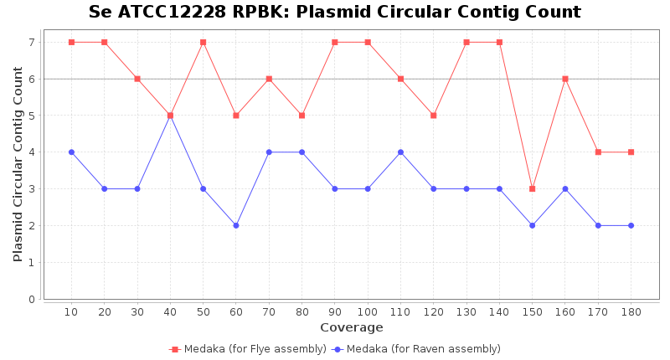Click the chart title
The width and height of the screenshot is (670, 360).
pyautogui.click(x=335, y=13)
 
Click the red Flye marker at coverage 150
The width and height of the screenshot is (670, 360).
pyautogui.click(x=532, y=188)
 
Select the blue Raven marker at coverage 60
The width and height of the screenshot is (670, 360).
pyautogui.click(x=236, y=225)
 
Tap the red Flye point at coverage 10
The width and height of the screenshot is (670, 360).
pyautogui.click(x=71, y=42)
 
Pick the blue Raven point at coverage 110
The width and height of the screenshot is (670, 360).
pyautogui.click(x=400, y=152)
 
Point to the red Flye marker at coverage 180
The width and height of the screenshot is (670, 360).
pyautogui.click(x=631, y=152)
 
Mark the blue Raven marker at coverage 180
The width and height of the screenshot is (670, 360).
pyautogui.click(x=631, y=225)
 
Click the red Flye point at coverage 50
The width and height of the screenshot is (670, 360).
pyautogui.click(x=203, y=42)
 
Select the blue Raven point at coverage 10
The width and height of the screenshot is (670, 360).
pyautogui.click(x=71, y=152)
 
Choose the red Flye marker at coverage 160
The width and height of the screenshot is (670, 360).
pyautogui.click(x=565, y=79)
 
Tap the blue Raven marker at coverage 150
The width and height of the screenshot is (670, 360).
pyautogui.click(x=532, y=225)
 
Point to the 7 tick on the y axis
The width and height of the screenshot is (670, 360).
pyautogui.click(x=32, y=42)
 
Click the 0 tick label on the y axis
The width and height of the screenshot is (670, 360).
pyautogui.click(x=32, y=299)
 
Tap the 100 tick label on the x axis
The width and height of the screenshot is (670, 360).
pyautogui.click(x=368, y=312)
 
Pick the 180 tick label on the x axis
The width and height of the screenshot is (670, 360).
pyautogui.click(x=631, y=312)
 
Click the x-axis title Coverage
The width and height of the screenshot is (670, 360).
pyautogui.click(x=351, y=327)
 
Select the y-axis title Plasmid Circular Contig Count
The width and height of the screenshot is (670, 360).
pyautogui.click(x=18, y=164)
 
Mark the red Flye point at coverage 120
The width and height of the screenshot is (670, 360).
pyautogui.click(x=433, y=116)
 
